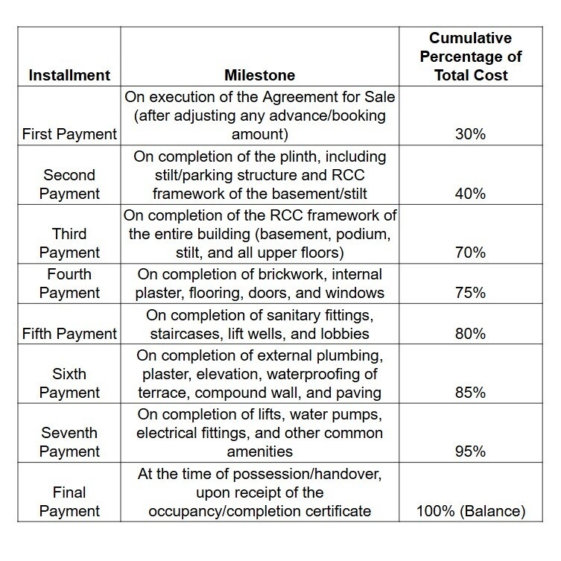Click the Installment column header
tap(69, 75)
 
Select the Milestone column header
tap(259, 75)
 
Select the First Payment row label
tap(69, 135)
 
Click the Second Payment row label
tap(69, 184)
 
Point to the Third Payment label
tap(69, 243)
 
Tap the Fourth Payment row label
tap(69, 284)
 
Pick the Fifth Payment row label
tap(69, 334)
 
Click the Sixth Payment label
tap(69, 384)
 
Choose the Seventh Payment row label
tap(69, 443)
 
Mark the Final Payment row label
tap(69, 502)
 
